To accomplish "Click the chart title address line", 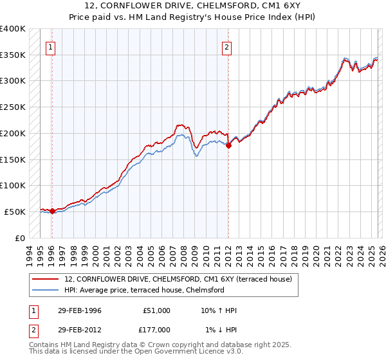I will (192, 6).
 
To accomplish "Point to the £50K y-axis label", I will (15, 212).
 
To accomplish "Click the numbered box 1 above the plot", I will (50, 46).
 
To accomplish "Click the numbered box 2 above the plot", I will (227, 46).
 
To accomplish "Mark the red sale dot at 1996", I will (52, 211).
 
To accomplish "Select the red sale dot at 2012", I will (228, 145).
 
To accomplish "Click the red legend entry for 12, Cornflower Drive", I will (178, 279).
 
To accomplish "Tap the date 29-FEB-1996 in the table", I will (79, 310).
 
